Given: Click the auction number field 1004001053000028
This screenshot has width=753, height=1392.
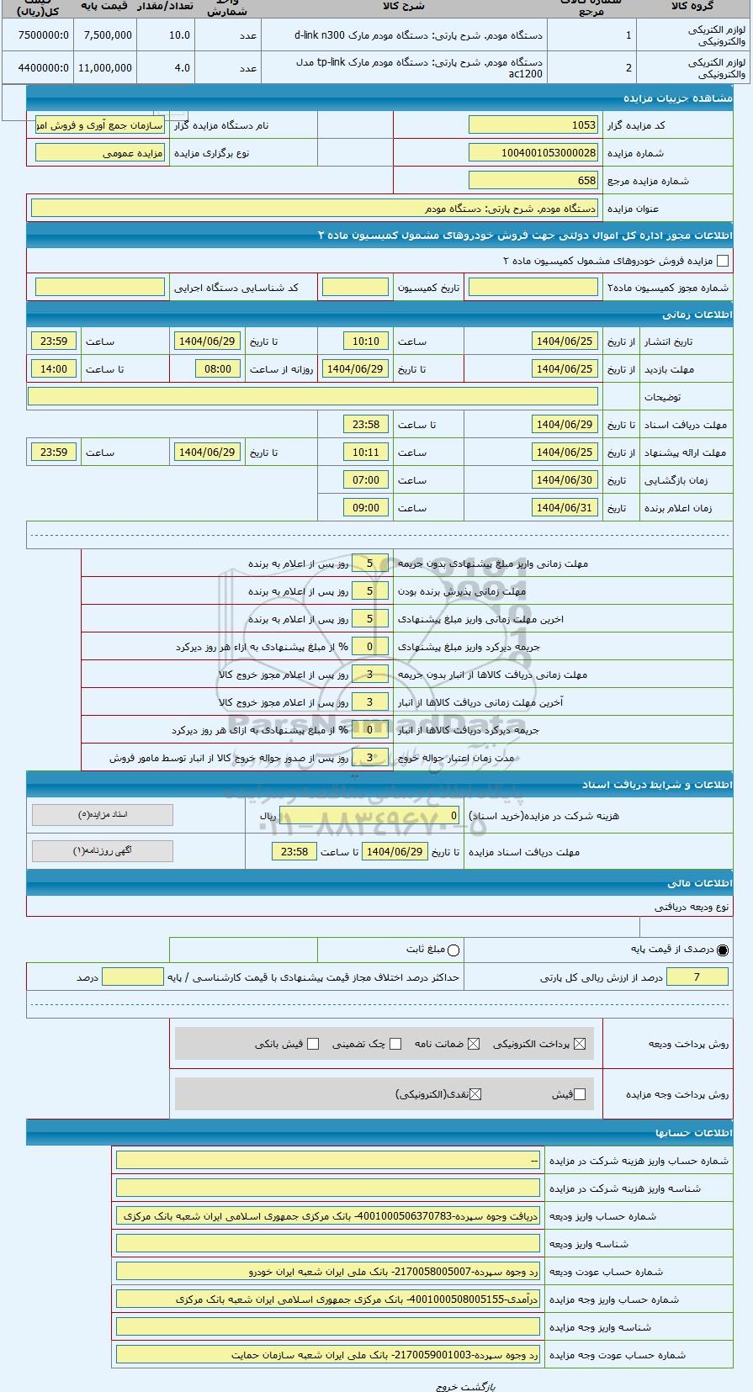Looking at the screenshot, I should click(x=533, y=153).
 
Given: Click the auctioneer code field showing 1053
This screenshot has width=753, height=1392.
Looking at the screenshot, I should click(x=533, y=125).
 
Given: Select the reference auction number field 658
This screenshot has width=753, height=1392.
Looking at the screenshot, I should click(x=533, y=181).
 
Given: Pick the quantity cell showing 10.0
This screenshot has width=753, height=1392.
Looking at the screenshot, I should click(x=166, y=35).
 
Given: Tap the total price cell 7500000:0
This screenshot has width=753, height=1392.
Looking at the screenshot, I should click(x=38, y=35).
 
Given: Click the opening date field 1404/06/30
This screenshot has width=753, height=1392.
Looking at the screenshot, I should click(x=565, y=480).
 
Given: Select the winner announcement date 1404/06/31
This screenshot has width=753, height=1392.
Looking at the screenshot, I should click(x=565, y=508).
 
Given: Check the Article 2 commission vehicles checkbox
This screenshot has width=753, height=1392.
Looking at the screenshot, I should click(x=722, y=261).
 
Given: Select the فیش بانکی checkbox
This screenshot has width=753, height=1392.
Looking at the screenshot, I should click(x=313, y=1044).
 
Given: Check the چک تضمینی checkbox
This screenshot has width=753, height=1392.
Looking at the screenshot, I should click(x=395, y=1044).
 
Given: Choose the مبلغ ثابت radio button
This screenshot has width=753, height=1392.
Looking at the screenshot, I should click(x=454, y=950).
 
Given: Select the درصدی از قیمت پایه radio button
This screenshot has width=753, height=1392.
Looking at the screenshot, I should click(x=723, y=950).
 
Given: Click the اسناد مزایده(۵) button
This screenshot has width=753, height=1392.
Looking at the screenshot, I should click(x=102, y=815).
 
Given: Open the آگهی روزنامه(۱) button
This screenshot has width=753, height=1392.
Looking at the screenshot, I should click(x=102, y=851).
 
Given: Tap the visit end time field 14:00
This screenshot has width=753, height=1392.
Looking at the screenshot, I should click(x=54, y=369).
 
